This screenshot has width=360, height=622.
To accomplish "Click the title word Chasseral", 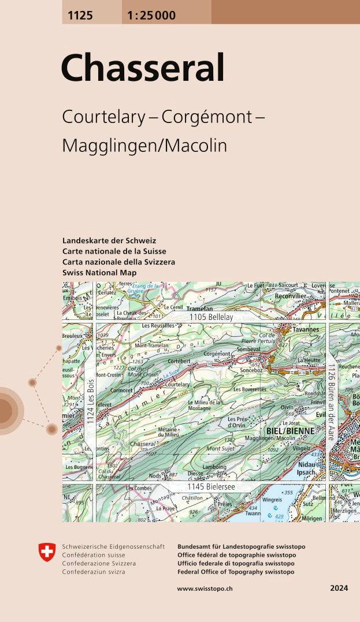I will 142,69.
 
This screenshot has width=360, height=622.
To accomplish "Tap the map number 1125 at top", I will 80,16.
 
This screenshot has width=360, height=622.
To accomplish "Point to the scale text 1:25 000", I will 149,16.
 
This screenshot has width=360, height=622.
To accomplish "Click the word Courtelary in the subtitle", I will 103,117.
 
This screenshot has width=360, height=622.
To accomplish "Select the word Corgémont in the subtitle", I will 207,117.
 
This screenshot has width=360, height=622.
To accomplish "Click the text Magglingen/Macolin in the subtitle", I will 144,146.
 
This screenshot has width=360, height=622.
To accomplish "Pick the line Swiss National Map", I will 99,273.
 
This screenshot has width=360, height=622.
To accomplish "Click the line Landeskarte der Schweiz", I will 109,241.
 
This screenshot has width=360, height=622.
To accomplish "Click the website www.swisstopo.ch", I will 205,589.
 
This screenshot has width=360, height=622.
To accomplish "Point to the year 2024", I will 339,589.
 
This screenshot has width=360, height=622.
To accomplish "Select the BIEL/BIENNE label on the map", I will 290,431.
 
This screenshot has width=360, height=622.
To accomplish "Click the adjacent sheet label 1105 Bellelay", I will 211,318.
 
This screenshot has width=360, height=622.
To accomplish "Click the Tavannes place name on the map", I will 305,330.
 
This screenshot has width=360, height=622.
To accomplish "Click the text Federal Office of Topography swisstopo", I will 236,572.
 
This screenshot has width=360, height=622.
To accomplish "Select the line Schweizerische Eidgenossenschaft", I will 113,546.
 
